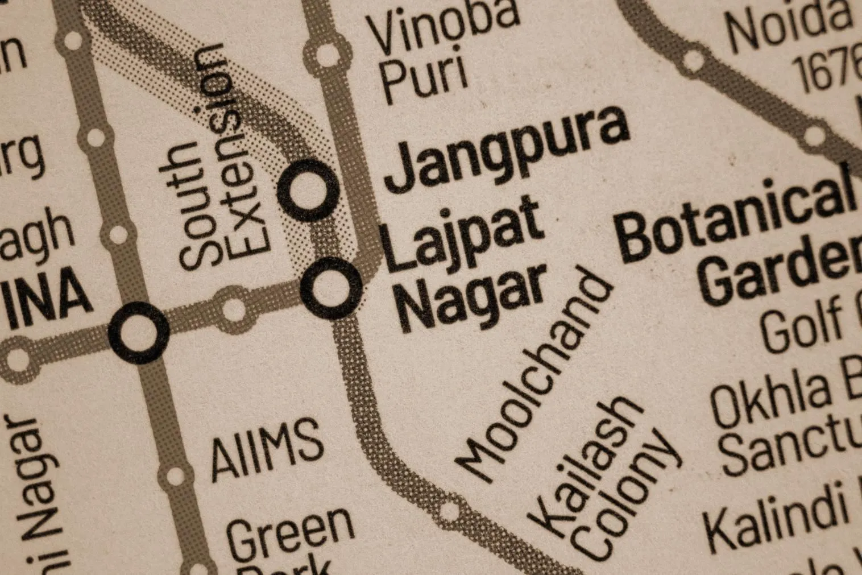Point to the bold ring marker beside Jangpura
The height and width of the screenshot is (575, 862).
click(x=309, y=189)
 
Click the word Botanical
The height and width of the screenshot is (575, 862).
click(x=736, y=219)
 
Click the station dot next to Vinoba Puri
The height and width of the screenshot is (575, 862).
click(x=326, y=54)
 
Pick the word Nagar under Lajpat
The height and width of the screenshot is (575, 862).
click(x=472, y=299)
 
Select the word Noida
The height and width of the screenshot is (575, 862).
click(x=790, y=26)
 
